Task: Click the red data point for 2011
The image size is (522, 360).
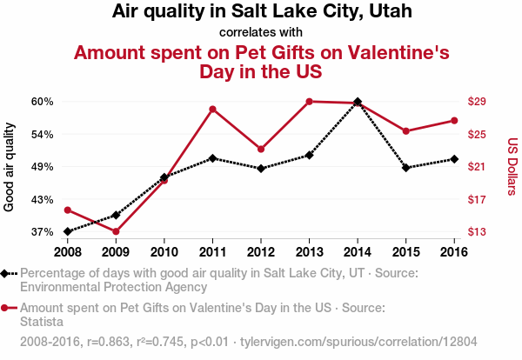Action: pos(212,109)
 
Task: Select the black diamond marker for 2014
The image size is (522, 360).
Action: pos(358,102)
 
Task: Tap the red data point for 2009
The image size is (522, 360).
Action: pos(116,231)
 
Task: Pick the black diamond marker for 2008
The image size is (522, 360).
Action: pos(67,231)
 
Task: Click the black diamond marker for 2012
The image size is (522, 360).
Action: pos(261,168)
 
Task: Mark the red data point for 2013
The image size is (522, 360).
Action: pos(309,102)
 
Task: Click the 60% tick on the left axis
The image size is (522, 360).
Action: pos(43,102)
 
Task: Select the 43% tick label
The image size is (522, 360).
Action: pos(43,199)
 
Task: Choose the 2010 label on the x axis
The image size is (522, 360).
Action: pos(164,251)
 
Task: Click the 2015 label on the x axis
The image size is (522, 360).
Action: pos(405,251)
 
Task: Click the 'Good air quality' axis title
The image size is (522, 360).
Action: pos(10,167)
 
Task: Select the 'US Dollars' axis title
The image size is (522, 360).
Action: pos(512,167)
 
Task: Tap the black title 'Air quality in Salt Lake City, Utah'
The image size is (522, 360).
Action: pos(261,12)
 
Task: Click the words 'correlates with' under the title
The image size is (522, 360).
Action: pos(261,33)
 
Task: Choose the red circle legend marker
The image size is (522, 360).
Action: pos(6,308)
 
